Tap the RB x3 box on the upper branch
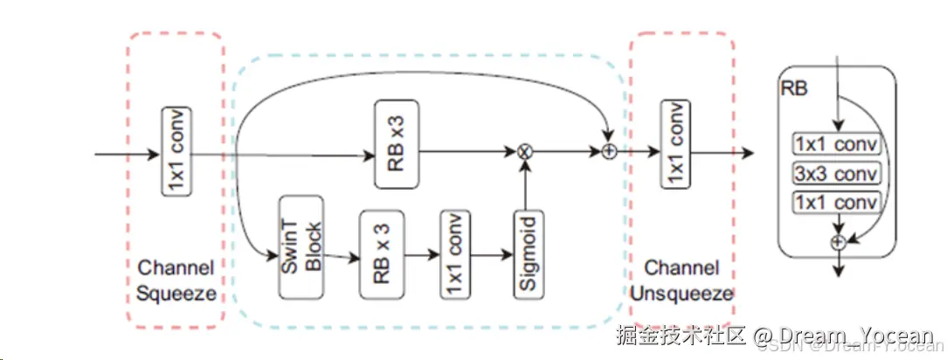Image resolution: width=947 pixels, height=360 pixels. pos(396,143)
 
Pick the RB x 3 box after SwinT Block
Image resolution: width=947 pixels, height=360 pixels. pos(381,254)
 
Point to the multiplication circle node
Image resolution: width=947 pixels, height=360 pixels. pos(525,151)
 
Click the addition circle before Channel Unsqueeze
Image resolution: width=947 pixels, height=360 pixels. pos(609,151)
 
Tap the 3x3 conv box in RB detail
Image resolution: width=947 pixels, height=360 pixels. pos(836,173)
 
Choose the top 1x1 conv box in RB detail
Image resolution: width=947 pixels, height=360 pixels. pos(836,144)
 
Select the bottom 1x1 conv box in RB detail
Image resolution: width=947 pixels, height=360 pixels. pos(836,203)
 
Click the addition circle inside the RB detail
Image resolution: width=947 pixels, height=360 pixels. pos(838,242)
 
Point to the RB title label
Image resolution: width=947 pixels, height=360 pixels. pos(793,87)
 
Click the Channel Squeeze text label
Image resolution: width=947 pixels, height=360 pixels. pos(176,280)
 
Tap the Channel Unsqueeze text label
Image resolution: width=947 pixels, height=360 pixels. pos(681,280)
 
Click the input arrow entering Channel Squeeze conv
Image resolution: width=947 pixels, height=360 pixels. pos(127,156)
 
